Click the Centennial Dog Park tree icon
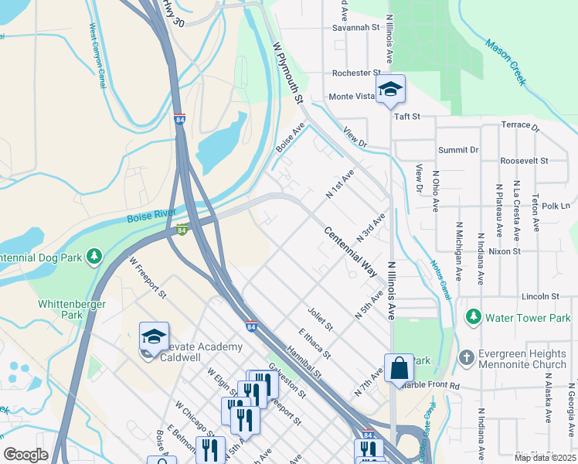[94, 255]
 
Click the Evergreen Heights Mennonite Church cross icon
[465, 357]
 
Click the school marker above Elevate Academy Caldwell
[154, 336]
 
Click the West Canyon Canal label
[97, 57]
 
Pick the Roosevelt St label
[523, 161]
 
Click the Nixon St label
[505, 251]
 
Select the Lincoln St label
[539, 296]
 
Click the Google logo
[26, 454]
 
